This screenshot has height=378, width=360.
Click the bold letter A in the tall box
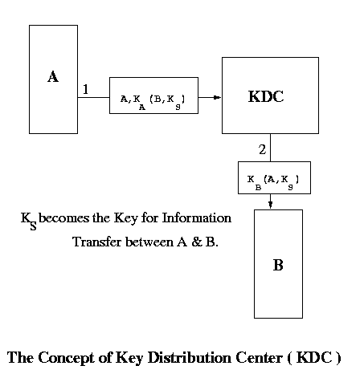[53, 76]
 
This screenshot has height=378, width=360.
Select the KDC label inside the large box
[266, 96]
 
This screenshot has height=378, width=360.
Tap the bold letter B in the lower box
[278, 265]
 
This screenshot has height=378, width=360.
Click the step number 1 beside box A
[86, 89]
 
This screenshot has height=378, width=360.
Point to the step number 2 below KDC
[263, 149]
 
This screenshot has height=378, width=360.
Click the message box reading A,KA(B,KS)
[153, 96]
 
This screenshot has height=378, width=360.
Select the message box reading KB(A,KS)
[274, 177]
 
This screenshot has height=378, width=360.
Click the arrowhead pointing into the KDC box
[217, 97]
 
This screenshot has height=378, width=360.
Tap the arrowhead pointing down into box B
[270, 205]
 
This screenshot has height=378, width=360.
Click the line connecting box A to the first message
[93, 97]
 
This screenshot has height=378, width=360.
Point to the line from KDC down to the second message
[270, 148]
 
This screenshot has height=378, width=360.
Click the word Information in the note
[197, 217]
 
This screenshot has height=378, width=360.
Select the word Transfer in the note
[97, 242]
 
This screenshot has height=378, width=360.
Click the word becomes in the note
[63, 217]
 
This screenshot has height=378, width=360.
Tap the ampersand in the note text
[197, 242]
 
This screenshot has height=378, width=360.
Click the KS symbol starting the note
[29, 221]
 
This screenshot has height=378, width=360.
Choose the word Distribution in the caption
[190, 357]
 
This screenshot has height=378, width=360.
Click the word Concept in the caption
[66, 358]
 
